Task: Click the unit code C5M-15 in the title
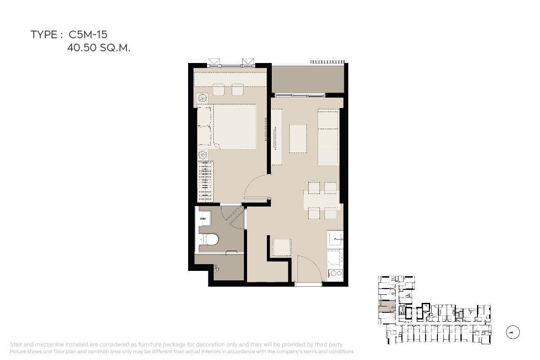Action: pyautogui.click(x=88, y=35)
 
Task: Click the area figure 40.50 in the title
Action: pyautogui.click(x=82, y=48)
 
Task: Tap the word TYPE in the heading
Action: pyautogui.click(x=44, y=35)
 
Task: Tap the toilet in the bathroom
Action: pyautogui.click(x=209, y=240)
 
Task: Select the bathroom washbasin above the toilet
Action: pyautogui.click(x=204, y=218)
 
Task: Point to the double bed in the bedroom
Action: pyautogui.click(x=227, y=127)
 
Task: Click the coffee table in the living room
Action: pyautogui.click(x=298, y=139)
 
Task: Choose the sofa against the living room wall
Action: pyautogui.click(x=328, y=137)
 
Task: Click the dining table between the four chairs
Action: pyautogui.click(x=322, y=201)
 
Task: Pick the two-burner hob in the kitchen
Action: pyautogui.click(x=335, y=273)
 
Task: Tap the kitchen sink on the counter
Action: pyautogui.click(x=335, y=239)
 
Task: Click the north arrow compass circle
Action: pyautogui.click(x=513, y=332)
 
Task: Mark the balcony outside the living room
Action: pyautogui.click(x=308, y=79)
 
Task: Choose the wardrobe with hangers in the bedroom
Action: pyautogui.click(x=205, y=181)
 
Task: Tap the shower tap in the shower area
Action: pyautogui.click(x=216, y=268)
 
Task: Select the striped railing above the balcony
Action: pyautogui.click(x=328, y=62)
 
